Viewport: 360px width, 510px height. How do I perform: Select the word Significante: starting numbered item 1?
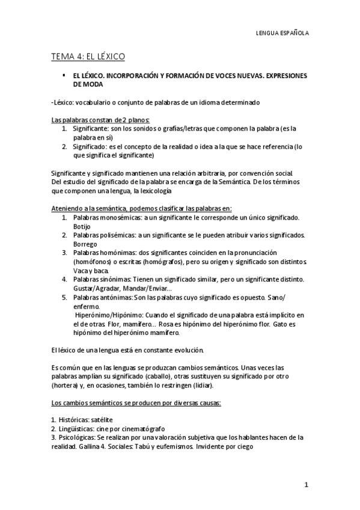tap(92, 129)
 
